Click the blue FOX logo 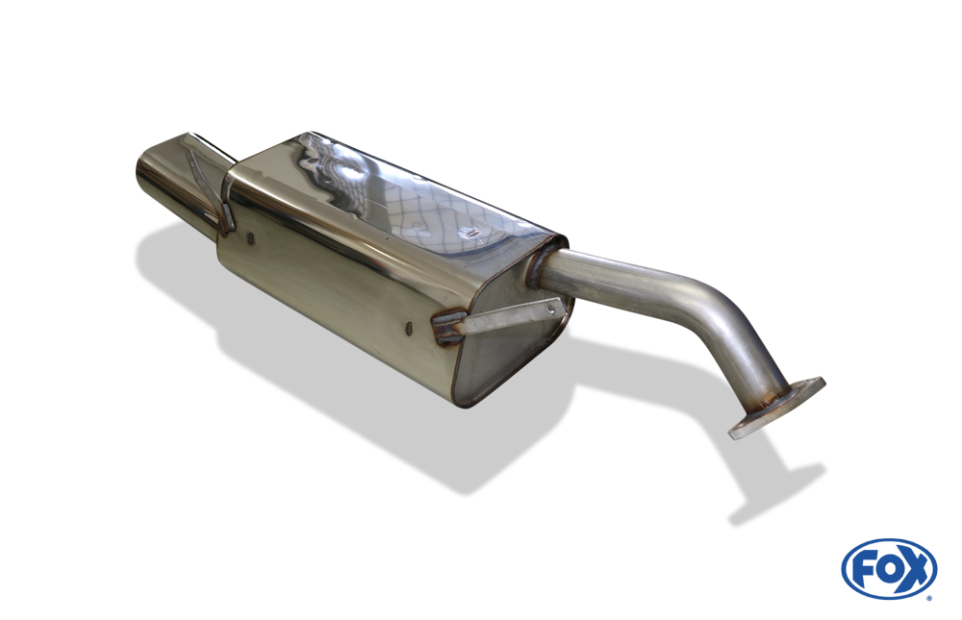click(889, 569)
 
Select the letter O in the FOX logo click(887, 570)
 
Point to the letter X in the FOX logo click(916, 570)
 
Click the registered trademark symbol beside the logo click(930, 597)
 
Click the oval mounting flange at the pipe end click(776, 408)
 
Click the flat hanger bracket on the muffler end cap click(498, 317)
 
